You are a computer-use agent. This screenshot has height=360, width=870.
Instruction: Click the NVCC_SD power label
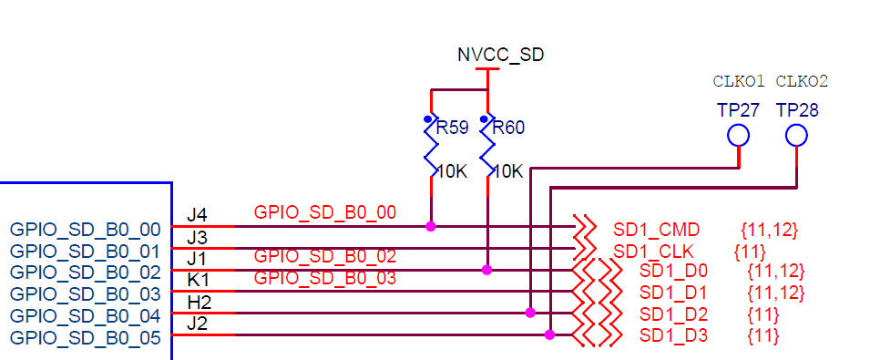500,55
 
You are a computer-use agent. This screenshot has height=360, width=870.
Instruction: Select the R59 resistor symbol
431,146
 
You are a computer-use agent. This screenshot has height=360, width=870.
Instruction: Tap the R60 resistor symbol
488,146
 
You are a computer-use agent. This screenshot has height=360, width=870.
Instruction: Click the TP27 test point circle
738,136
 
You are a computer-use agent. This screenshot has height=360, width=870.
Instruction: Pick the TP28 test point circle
797,136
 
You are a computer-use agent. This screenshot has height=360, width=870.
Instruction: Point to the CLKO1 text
739,81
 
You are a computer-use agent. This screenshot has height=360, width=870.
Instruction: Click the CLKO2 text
802,81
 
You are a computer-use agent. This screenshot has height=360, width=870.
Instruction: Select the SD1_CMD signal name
655,229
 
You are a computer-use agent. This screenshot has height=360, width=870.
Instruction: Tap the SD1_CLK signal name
653,251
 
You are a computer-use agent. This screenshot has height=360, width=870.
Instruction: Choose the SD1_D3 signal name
673,336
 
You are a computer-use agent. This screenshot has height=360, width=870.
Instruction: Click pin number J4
197,216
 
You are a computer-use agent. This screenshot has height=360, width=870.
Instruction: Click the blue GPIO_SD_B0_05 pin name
85,338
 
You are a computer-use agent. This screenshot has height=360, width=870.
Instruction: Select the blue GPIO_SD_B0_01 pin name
85,251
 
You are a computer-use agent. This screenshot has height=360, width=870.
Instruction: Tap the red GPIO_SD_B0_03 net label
324,278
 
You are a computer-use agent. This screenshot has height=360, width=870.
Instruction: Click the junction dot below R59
431,225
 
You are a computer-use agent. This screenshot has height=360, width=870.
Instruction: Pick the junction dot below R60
487,270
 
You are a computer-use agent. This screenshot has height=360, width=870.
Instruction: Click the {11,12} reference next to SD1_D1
775,293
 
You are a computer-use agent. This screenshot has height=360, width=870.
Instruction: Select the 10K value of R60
508,170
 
